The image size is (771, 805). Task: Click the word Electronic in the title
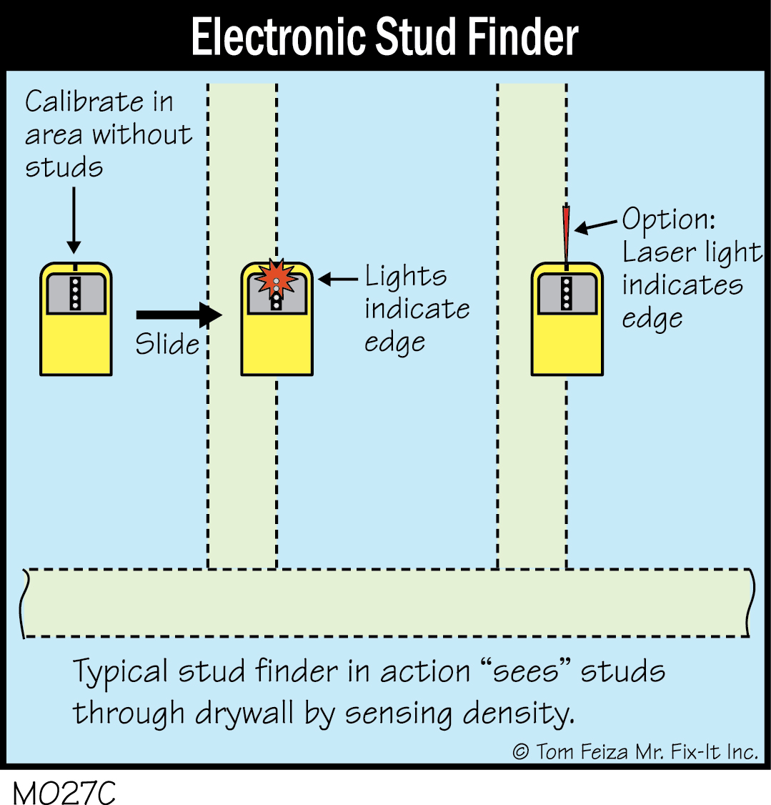(x=279, y=37)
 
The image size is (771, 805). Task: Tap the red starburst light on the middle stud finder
(x=275, y=278)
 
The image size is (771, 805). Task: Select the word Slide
(x=167, y=345)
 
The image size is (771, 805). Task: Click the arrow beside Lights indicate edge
(x=337, y=279)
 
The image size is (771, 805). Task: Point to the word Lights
(x=405, y=276)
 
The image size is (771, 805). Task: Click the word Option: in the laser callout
(x=667, y=219)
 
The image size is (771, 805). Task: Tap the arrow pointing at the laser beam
(x=596, y=226)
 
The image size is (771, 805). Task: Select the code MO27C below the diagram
(x=64, y=792)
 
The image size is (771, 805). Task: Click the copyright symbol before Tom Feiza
(x=521, y=751)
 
